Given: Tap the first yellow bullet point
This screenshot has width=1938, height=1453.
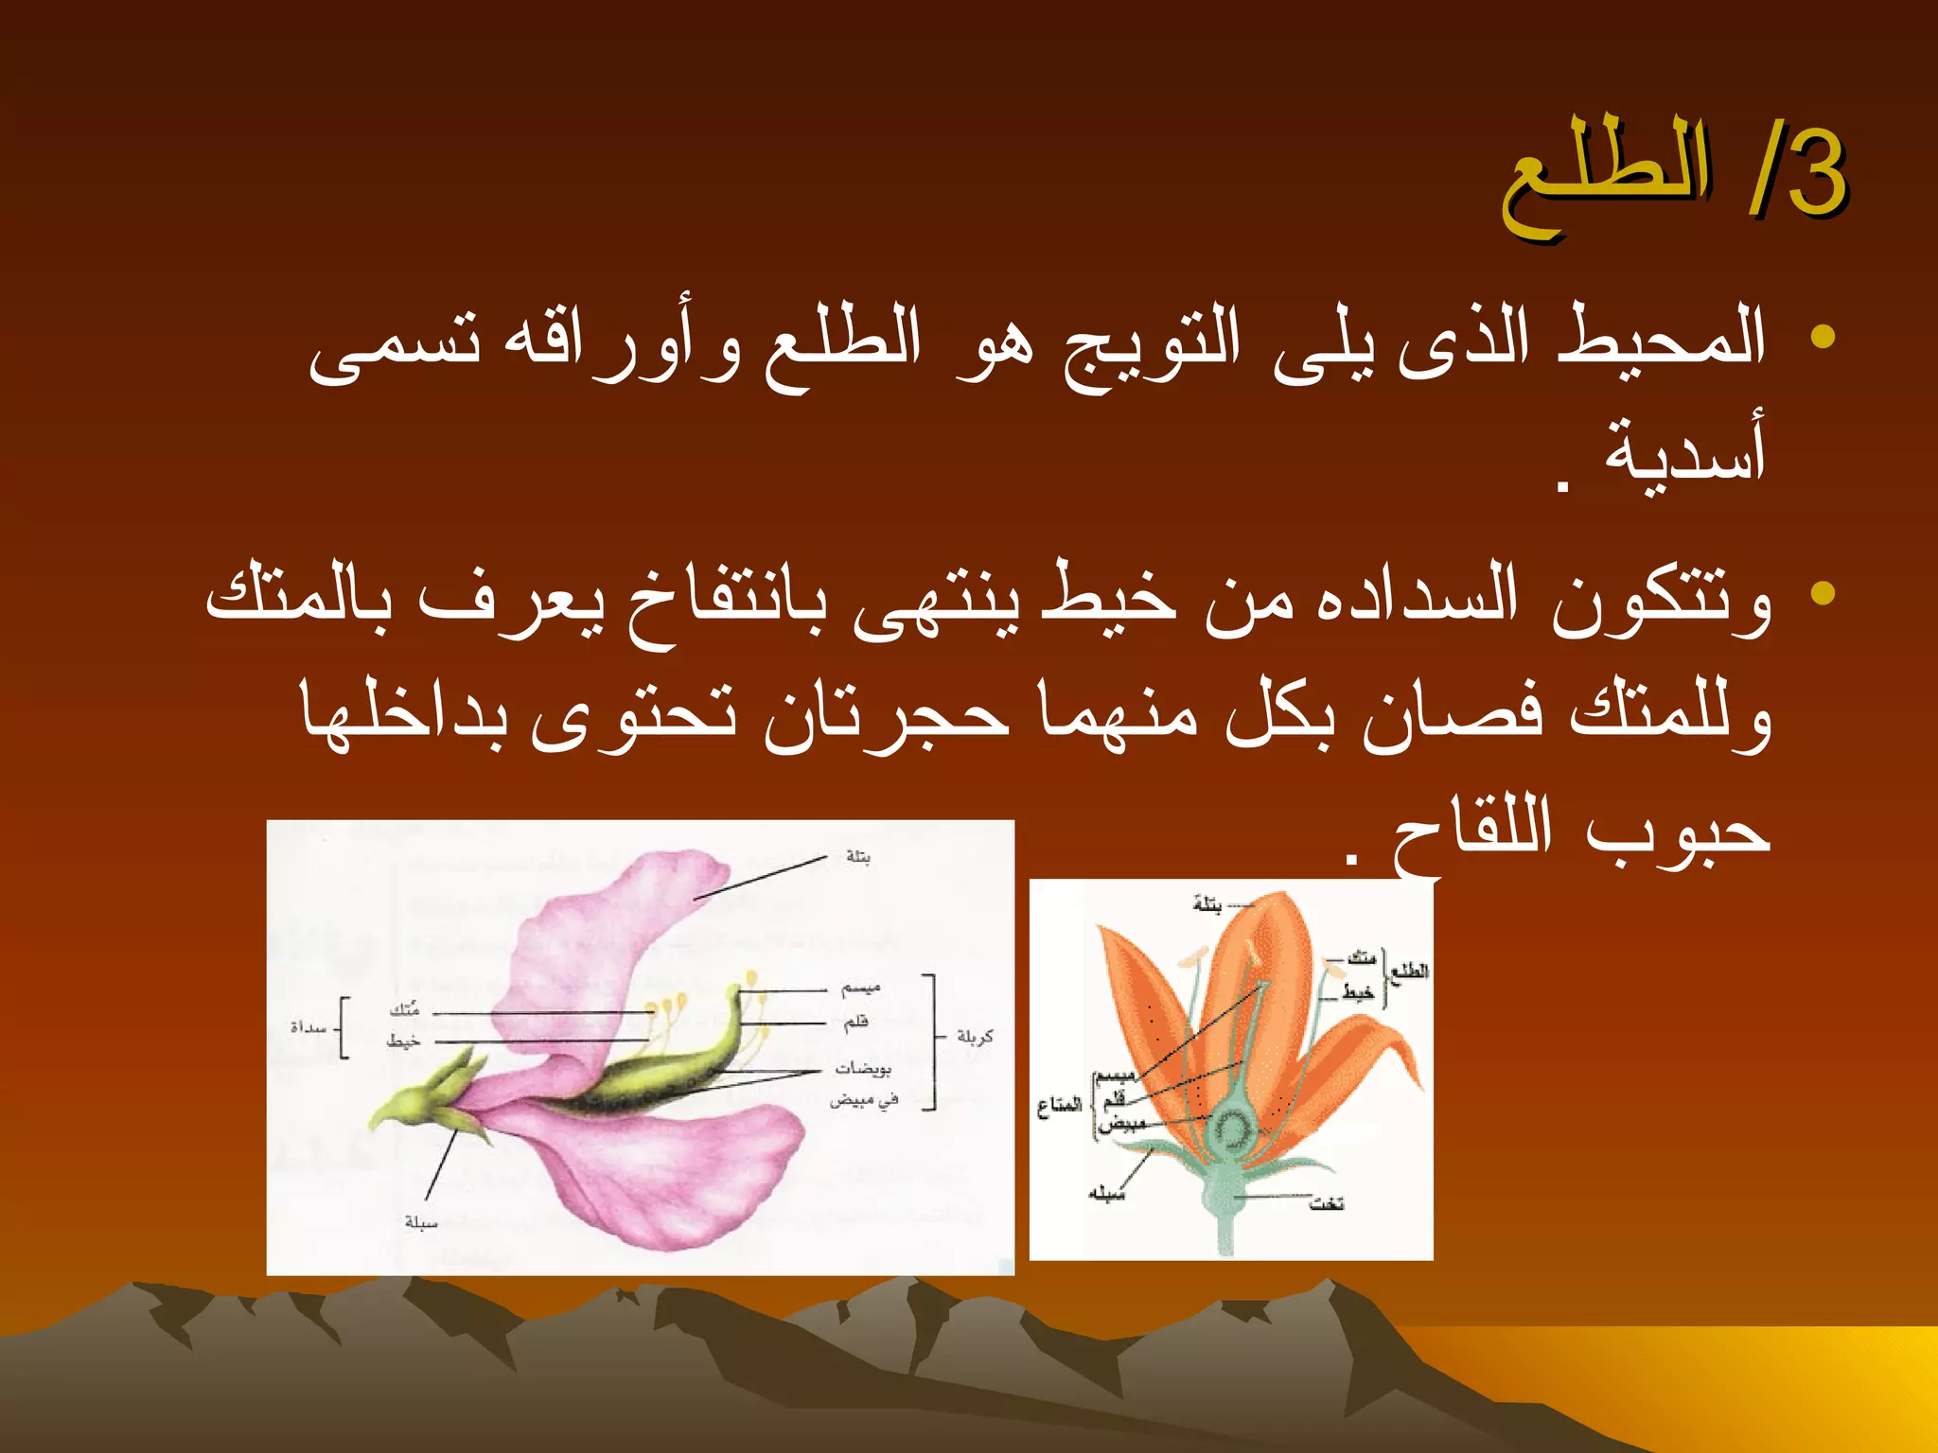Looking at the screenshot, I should (1822, 337).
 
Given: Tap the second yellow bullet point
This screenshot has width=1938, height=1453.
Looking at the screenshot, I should (1822, 594).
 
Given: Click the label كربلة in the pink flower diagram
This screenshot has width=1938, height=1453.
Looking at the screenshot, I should (974, 1037).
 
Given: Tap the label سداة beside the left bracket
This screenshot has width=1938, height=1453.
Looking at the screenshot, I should (308, 1027).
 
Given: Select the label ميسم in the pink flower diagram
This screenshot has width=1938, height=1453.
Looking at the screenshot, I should (860, 989).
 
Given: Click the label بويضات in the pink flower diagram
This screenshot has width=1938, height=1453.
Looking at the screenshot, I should (862, 1068).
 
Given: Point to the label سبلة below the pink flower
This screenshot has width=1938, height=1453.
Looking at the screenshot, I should (421, 1222).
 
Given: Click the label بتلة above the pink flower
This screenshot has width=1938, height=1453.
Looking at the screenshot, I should (858, 856).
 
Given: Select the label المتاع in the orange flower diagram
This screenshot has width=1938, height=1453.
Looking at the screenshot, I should (1059, 1105).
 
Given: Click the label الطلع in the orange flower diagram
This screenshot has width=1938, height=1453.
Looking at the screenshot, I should (1409, 972).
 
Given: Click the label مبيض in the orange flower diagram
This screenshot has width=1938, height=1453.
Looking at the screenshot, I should (1121, 1124).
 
